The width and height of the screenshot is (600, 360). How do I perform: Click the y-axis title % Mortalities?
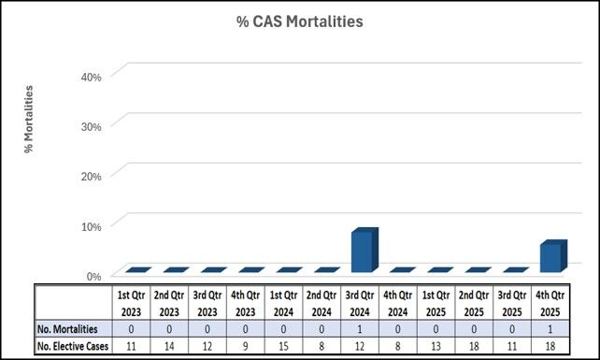(29, 119)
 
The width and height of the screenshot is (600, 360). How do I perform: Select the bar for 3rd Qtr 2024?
(361, 251)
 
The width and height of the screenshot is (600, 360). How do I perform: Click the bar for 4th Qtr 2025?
(550, 256)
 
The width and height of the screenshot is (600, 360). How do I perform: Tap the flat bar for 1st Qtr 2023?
(132, 270)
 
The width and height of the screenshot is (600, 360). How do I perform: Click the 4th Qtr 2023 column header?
(245, 303)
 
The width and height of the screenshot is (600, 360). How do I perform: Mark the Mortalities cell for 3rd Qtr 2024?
(361, 328)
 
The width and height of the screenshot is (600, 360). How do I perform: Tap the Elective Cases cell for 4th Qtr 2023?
(245, 345)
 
